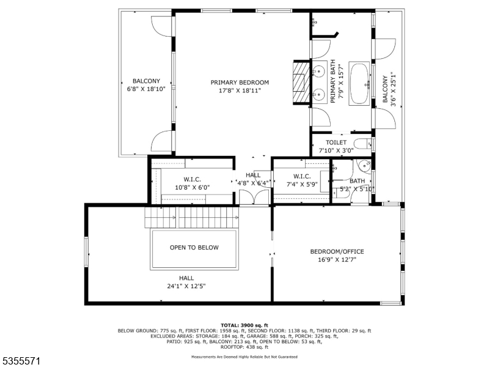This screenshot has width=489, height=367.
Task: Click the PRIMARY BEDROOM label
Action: [240, 83]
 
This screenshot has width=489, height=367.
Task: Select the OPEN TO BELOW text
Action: [194, 248]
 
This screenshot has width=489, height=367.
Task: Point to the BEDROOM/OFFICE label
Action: [337, 251]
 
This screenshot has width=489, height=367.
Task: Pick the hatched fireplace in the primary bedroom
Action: [299, 83]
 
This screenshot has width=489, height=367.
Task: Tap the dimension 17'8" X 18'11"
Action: [240, 91]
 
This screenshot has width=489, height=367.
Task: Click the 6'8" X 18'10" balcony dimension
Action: [146, 89]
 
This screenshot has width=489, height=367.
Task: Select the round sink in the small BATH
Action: [364, 166]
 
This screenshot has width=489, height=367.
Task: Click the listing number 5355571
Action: [21, 361]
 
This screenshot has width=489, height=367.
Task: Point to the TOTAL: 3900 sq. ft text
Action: [244, 325]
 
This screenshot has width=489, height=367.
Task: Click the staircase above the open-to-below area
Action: [191, 218]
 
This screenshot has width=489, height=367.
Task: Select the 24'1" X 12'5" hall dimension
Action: [186, 286]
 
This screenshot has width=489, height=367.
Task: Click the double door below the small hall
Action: [254, 197]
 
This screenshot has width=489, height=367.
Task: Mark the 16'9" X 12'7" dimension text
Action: [337, 259]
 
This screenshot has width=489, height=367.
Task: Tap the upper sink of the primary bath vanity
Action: [318, 72]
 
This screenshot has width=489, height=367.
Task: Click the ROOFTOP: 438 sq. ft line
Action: [244, 347]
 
